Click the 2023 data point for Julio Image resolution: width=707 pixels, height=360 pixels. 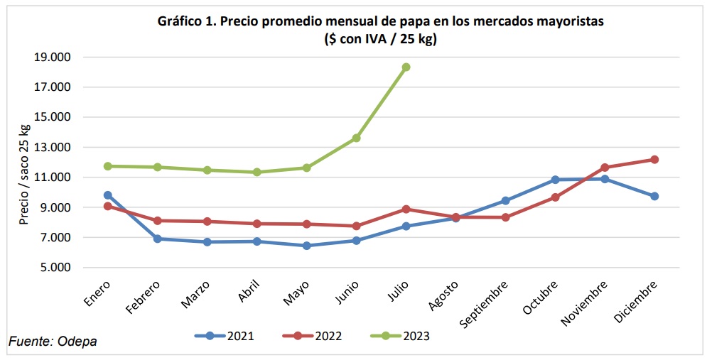406,67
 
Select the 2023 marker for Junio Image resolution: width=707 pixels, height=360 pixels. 356,138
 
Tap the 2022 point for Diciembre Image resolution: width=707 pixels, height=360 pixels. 654,160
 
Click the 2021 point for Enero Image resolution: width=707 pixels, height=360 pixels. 108,195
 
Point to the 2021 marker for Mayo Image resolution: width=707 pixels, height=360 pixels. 306,246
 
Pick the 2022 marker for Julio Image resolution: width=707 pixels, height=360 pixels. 406,209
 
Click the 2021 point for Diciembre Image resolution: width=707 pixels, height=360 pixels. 654,196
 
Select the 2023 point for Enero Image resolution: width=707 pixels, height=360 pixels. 108,166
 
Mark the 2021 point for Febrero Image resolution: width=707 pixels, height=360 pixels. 158,239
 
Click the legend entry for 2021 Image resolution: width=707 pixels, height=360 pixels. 225,336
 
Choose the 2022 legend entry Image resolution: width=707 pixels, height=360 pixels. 313,336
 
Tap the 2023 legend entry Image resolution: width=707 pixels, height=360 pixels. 401,336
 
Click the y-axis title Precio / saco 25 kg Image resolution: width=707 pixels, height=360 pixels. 25,174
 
